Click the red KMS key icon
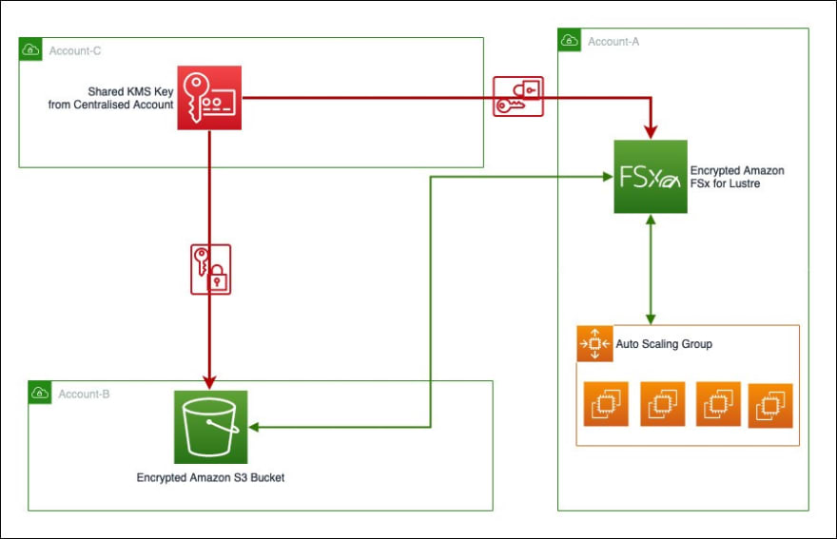(x=209, y=98)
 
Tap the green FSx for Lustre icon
(x=651, y=177)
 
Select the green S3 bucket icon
(x=211, y=427)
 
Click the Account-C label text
(x=75, y=50)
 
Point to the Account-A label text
(x=613, y=42)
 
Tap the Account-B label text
(x=84, y=394)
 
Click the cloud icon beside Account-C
(x=30, y=49)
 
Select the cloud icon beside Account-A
(x=570, y=40)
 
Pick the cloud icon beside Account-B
(x=40, y=393)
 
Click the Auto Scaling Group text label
(x=664, y=344)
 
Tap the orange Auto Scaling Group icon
(x=595, y=344)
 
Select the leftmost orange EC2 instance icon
(x=606, y=404)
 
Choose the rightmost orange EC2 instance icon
(x=770, y=406)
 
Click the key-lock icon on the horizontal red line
(x=518, y=97)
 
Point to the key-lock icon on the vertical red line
(x=211, y=270)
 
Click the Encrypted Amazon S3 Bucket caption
(x=210, y=477)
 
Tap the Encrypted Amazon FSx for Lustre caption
(x=737, y=177)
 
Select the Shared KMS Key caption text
(x=110, y=98)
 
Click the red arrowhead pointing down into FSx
(x=651, y=132)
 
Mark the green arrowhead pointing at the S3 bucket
(x=254, y=427)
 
